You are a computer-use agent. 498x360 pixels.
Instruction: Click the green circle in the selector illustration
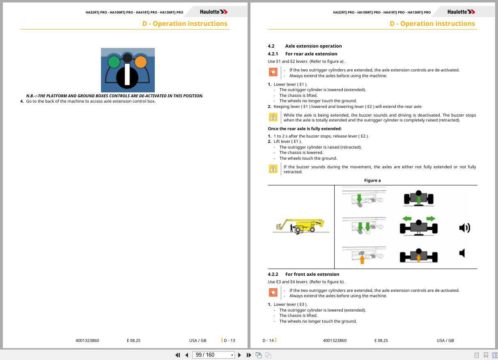[x=114, y=62]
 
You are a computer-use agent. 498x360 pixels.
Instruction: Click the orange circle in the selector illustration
[x=140, y=62]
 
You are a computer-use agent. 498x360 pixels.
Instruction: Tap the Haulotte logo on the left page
[x=213, y=12]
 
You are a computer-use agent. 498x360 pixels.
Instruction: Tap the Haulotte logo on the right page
[x=461, y=12]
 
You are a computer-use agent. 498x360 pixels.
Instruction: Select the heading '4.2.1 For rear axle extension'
[x=302, y=54]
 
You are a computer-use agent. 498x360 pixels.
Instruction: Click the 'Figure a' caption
[x=372, y=181]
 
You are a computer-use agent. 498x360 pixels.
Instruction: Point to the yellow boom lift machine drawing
[x=301, y=226]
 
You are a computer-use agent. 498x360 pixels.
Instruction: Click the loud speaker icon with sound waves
[x=465, y=228]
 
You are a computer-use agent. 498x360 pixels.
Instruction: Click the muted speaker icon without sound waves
[x=462, y=253]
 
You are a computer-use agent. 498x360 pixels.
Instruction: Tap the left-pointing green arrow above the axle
[x=407, y=219]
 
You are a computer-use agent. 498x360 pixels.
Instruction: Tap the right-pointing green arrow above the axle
[x=431, y=219]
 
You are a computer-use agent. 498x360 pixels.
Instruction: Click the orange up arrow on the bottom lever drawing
[x=362, y=259]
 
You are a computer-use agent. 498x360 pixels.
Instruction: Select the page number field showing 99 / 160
[x=213, y=355]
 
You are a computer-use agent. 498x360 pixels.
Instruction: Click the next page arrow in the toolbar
[x=239, y=355]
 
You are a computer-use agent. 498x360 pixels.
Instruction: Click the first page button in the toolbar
[x=178, y=355]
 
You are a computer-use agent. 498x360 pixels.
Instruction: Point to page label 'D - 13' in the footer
[x=229, y=340]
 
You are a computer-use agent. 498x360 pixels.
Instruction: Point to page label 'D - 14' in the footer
[x=268, y=340]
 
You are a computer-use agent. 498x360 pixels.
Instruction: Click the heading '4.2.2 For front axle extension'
[x=303, y=274]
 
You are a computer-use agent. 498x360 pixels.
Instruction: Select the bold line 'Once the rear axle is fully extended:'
[x=305, y=128]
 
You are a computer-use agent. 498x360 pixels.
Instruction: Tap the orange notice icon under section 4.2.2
[x=273, y=292]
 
